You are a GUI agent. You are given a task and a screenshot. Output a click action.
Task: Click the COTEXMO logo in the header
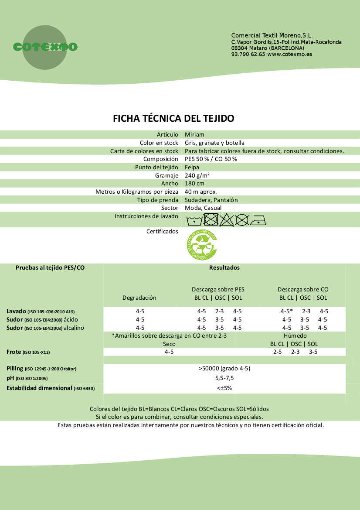pos(45,47)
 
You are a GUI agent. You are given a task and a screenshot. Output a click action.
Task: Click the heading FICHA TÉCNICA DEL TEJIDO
pos(174,118)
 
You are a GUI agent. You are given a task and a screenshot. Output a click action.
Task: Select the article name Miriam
pos(194,134)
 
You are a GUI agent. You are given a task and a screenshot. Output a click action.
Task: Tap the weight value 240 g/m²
pos(197,175)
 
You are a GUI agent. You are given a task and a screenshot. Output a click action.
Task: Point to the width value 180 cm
pos(194,184)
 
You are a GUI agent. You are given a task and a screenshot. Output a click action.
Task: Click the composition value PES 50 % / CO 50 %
pos(211,159)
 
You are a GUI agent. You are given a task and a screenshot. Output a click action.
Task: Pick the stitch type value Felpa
pos(192,167)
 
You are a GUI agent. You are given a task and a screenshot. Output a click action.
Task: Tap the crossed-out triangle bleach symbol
pos(226,220)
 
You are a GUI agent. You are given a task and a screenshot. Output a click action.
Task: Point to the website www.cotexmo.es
pos(289,55)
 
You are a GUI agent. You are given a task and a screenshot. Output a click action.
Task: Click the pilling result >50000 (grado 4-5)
pos(224,368)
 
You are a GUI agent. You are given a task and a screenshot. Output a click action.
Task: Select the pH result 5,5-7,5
pos(225,378)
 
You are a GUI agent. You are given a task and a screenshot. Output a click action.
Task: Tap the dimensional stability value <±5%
pos(224,387)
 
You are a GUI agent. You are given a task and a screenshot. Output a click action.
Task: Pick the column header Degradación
pos(139,298)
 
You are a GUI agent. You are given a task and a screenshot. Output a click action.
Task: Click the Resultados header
pos(224,267)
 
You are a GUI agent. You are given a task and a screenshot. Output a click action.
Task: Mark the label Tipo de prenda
pos(157,200)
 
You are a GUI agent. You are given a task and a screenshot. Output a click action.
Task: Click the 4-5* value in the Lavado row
pos(286,311)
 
